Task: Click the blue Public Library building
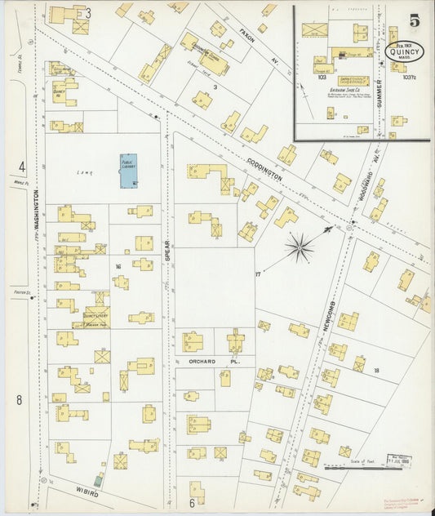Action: click(128, 171)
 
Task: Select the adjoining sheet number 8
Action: click(19, 400)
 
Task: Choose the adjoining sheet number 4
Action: click(22, 167)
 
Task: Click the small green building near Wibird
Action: click(99, 480)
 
